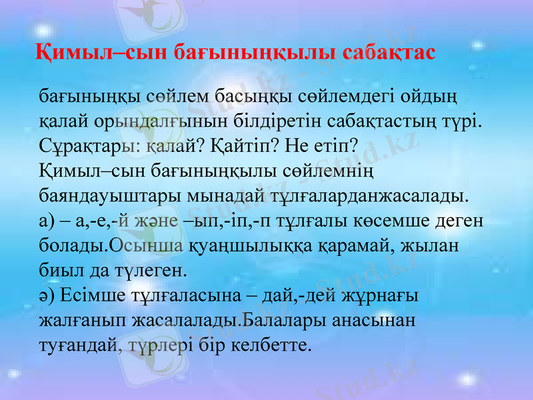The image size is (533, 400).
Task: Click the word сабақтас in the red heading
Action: pyautogui.click(x=388, y=52)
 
